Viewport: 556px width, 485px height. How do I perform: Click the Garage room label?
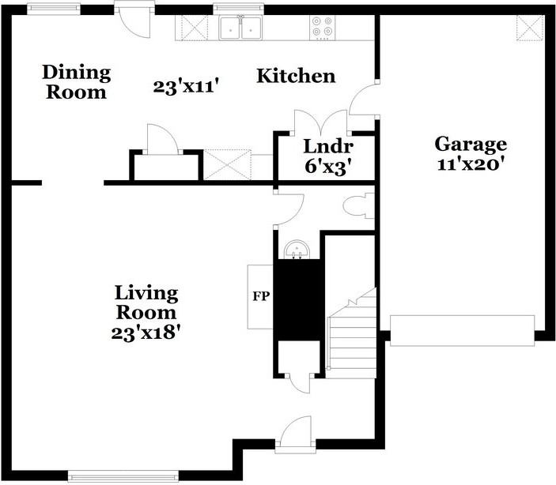471,145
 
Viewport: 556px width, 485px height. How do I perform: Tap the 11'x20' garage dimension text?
471,164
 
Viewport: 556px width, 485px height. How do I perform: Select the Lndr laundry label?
328,146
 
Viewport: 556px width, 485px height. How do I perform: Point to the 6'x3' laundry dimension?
330,167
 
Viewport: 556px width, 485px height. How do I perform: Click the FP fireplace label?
261,296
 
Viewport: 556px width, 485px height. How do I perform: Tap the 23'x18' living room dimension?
146,333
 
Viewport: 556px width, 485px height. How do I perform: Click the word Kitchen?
296,76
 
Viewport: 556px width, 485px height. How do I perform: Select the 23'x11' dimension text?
185,86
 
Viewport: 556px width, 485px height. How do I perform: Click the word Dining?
77,73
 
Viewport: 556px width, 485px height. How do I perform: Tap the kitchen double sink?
240,28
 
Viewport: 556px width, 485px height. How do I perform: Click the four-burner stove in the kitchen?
323,28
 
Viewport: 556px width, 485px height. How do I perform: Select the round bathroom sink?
297,250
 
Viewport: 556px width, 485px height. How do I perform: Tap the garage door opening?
463,330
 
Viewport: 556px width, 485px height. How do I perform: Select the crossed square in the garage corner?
530,28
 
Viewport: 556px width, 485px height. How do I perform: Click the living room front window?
123,476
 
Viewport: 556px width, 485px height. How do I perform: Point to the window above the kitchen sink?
238,9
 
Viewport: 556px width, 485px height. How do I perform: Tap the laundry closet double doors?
321,123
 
